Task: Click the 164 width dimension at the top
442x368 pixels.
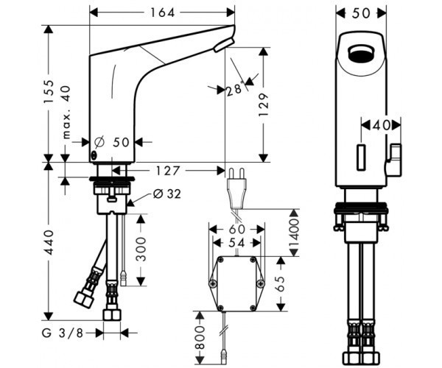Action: click(x=164, y=12)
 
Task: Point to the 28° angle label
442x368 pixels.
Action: click(x=234, y=90)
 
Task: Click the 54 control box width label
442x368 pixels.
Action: click(x=237, y=242)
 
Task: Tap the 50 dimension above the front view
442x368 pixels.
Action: click(x=360, y=13)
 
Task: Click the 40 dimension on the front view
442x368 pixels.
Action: click(x=381, y=125)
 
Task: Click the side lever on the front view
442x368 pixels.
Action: click(x=396, y=159)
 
